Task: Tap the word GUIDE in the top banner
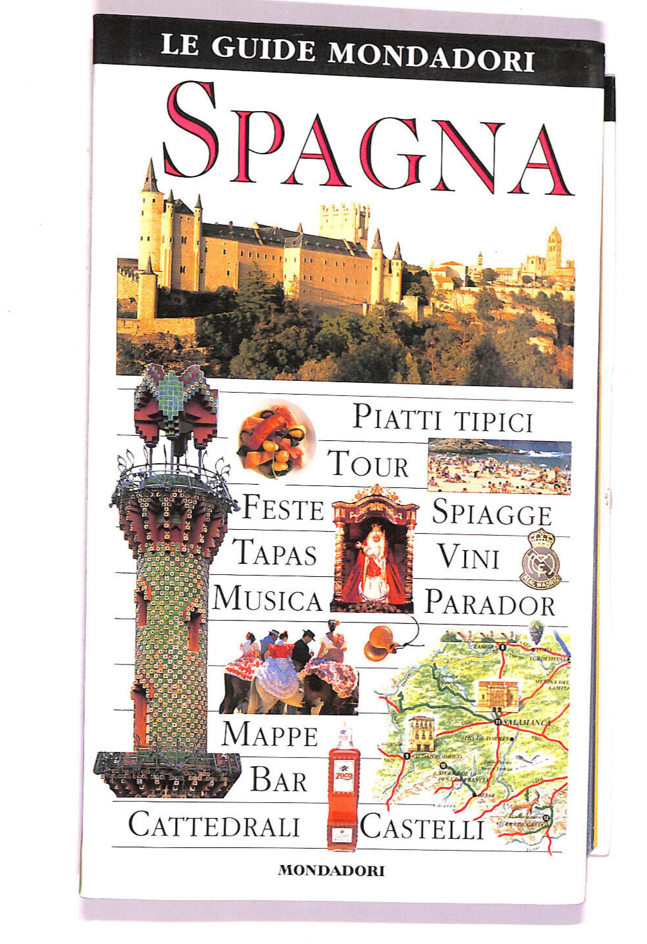(x=264, y=50)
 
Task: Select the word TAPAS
(x=275, y=553)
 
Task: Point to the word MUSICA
(x=267, y=598)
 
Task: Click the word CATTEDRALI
(x=214, y=824)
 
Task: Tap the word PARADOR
(x=490, y=602)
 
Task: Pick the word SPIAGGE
(x=491, y=512)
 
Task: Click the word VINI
(x=469, y=557)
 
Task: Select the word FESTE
(x=283, y=508)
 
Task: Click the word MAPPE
(x=269, y=734)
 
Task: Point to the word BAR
(x=279, y=780)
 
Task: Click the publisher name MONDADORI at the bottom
(x=331, y=870)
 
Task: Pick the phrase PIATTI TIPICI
(x=443, y=418)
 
